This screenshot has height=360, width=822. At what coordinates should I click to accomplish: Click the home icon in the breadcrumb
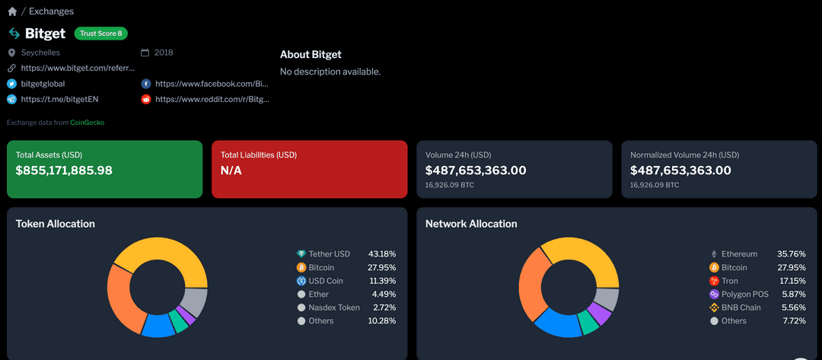point(12,11)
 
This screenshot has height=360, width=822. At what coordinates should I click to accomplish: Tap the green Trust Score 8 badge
point(100,33)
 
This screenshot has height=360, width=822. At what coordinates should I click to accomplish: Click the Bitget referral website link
point(78,68)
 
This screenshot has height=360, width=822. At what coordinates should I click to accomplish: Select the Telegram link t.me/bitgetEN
point(59,99)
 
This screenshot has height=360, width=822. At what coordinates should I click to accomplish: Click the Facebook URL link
point(212,84)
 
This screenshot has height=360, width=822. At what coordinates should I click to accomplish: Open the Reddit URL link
point(212,99)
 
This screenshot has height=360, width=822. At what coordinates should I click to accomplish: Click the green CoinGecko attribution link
point(87,123)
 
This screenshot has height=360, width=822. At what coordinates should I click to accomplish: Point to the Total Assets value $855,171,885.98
point(64,170)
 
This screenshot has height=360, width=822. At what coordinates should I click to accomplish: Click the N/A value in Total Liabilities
point(231,170)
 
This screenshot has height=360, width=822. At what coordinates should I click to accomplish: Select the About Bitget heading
point(311,55)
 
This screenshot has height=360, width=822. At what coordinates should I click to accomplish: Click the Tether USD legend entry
point(329,254)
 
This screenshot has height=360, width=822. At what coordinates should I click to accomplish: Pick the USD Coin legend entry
point(325,281)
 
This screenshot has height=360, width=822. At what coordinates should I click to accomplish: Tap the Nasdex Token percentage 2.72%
point(384,307)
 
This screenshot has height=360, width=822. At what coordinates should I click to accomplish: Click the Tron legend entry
point(729,281)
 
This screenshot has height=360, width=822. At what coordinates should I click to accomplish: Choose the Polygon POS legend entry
point(744,294)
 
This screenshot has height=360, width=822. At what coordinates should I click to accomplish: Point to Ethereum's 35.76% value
point(791,254)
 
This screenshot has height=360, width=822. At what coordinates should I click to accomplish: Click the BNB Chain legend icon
point(714,307)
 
